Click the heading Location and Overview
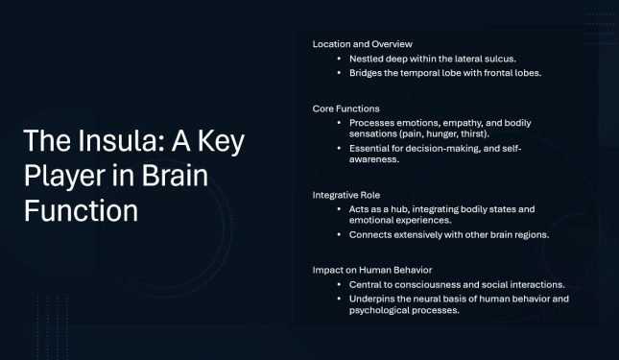363,43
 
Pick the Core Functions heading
345,108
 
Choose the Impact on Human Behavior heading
373,270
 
